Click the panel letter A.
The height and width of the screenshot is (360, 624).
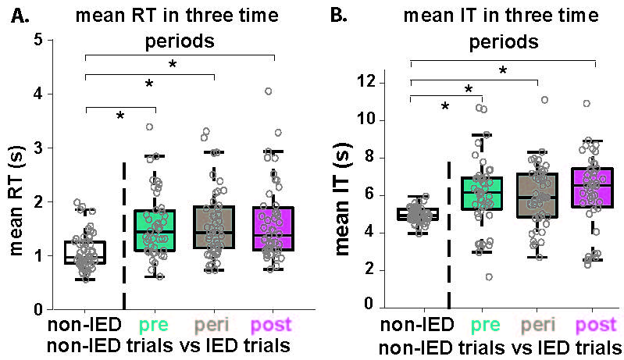click(x=18, y=16)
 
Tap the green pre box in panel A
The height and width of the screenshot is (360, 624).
click(x=155, y=230)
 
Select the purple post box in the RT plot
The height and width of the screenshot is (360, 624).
click(x=267, y=229)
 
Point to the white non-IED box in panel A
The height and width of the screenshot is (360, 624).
click(x=84, y=252)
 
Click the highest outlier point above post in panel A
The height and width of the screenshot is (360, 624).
click(x=268, y=91)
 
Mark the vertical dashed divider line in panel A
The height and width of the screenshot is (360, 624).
click(x=124, y=234)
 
